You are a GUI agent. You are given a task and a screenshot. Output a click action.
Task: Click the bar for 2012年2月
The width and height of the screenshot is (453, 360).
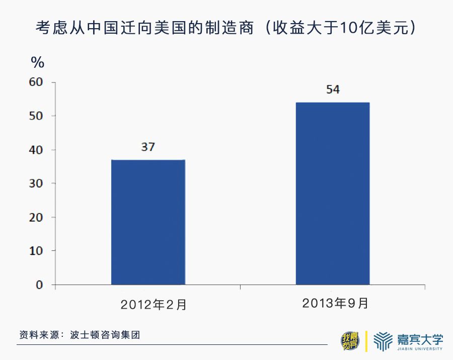pyautogui.click(x=148, y=222)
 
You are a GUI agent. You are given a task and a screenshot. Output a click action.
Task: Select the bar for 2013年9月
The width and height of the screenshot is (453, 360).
pyautogui.click(x=333, y=194)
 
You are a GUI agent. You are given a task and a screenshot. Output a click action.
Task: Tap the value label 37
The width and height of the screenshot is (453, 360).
pyautogui.click(x=148, y=147)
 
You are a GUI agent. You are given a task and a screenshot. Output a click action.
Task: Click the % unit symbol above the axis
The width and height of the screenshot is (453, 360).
pyautogui.click(x=38, y=62)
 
